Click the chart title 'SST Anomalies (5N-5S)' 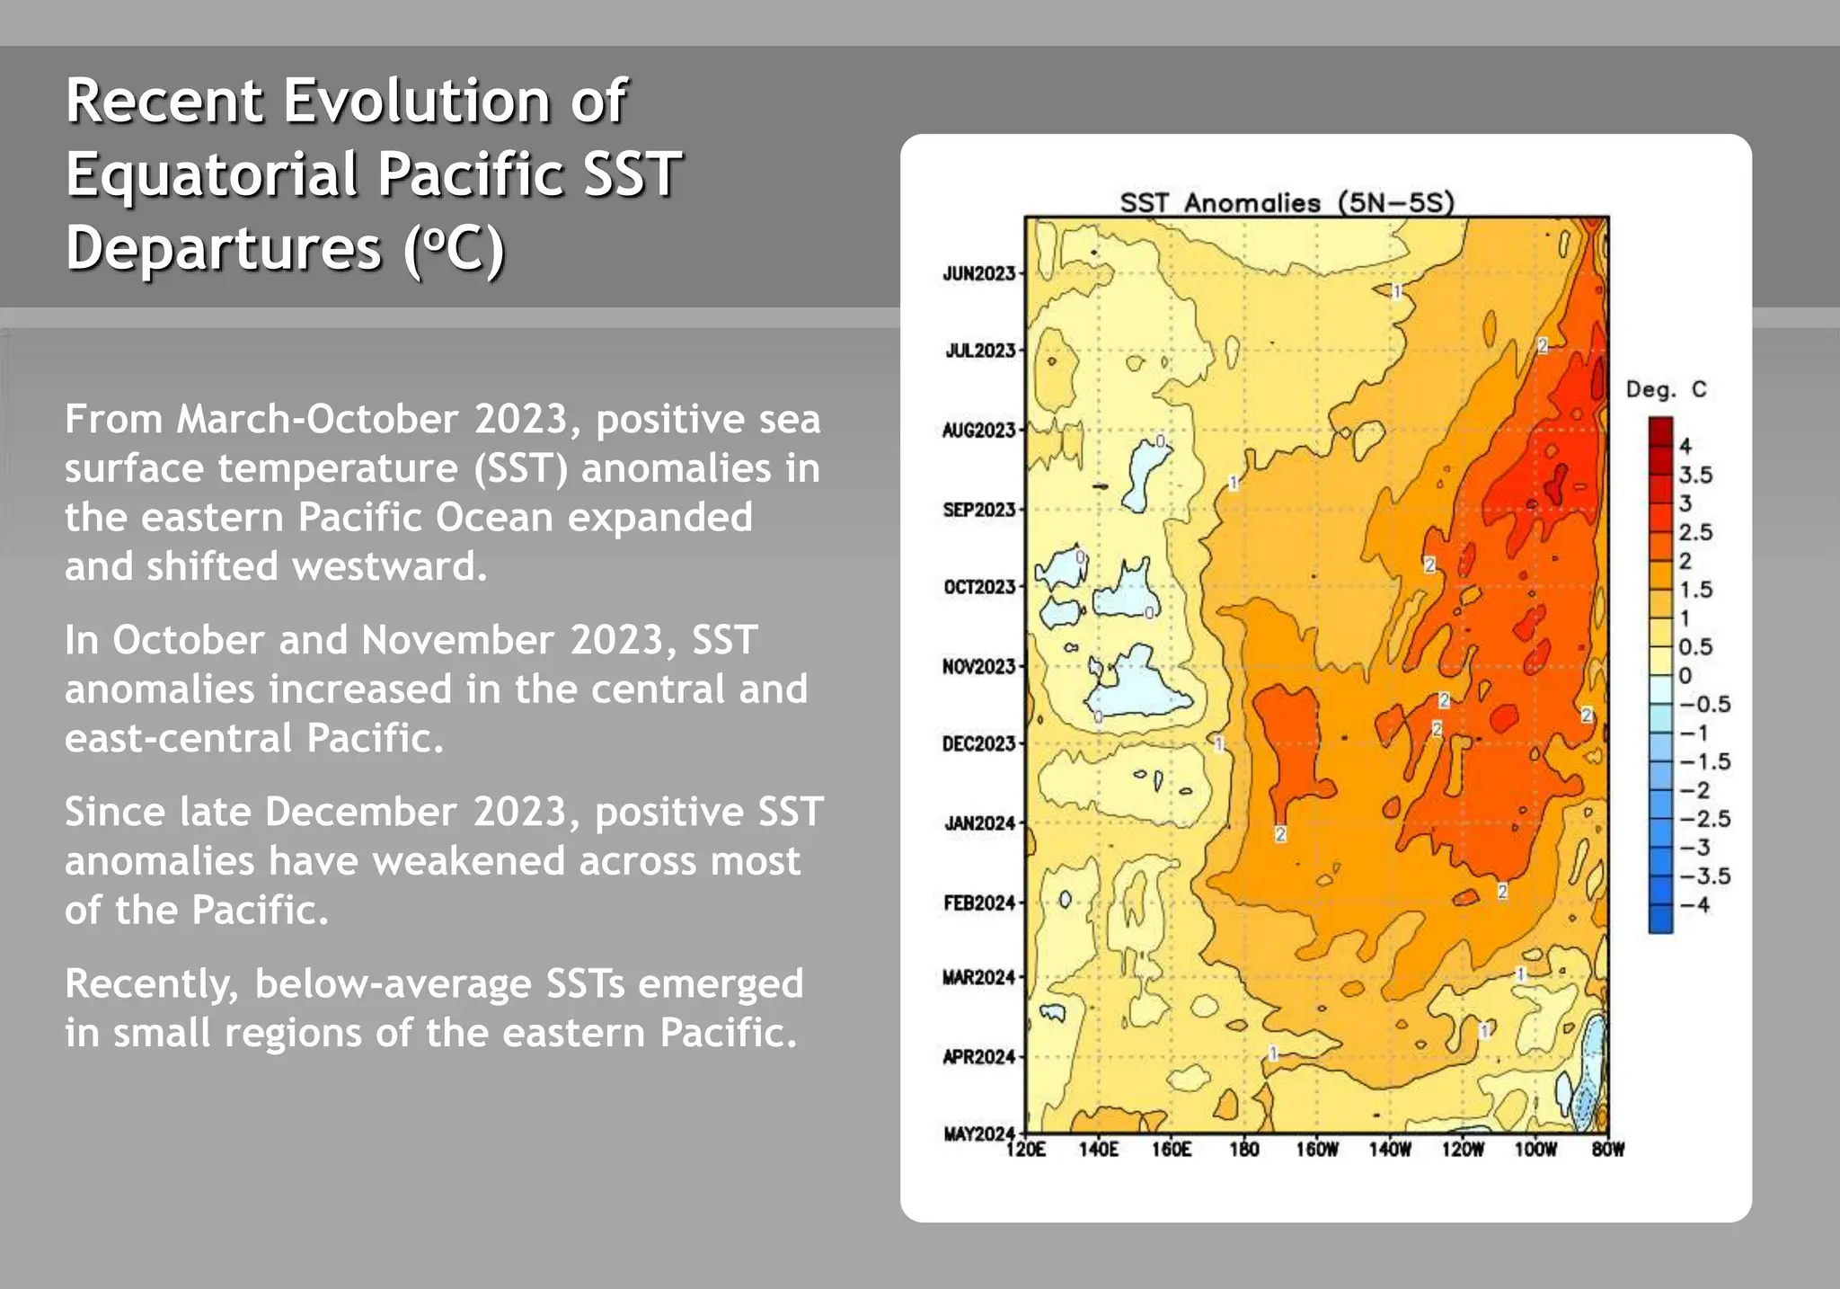coord(1287,202)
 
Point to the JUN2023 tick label coord(978,273)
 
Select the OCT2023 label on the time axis coord(978,587)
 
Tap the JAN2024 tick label coord(979,823)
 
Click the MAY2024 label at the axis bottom coord(978,1133)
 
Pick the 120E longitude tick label coord(1026,1150)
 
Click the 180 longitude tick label coord(1244,1150)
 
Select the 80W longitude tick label coord(1608,1150)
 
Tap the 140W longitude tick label coord(1390,1150)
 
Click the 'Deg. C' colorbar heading coord(1666,389)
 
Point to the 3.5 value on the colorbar coord(1695,475)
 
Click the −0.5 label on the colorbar coord(1703,704)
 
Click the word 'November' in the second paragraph coord(463,640)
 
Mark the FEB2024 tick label coord(979,902)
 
